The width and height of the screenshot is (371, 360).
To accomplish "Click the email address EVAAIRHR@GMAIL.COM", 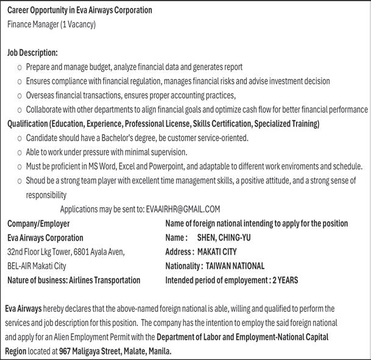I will pos(183,209).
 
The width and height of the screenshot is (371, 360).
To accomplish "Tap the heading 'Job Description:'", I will pos(32,53).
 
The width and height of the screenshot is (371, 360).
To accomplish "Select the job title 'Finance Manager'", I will pos(34,24).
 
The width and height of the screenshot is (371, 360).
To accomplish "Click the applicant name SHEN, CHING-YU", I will pos(224,238).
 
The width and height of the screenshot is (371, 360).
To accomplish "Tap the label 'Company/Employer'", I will pos(38,224).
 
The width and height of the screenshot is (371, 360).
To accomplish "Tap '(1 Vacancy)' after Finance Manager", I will pos(79,24).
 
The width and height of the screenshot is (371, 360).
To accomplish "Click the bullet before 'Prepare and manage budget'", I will pos(19,68).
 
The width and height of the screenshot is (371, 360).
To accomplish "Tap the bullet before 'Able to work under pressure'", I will pos(19,152).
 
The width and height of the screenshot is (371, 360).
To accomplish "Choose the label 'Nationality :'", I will pos(184,266).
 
